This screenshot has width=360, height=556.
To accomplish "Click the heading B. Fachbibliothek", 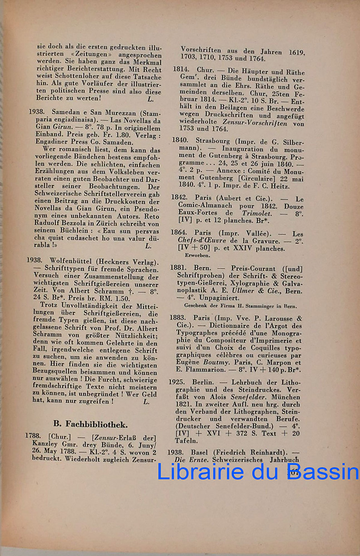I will click(x=90, y=424).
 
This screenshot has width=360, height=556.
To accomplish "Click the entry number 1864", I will click(x=179, y=233).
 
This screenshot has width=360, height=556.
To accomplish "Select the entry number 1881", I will click(x=179, y=267).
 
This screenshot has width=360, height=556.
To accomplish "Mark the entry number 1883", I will click(x=179, y=318).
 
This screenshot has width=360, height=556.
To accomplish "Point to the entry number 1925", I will click(x=179, y=383).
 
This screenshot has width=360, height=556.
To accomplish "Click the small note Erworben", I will click(x=198, y=256).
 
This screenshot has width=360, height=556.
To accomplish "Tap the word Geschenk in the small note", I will click(x=196, y=306).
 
